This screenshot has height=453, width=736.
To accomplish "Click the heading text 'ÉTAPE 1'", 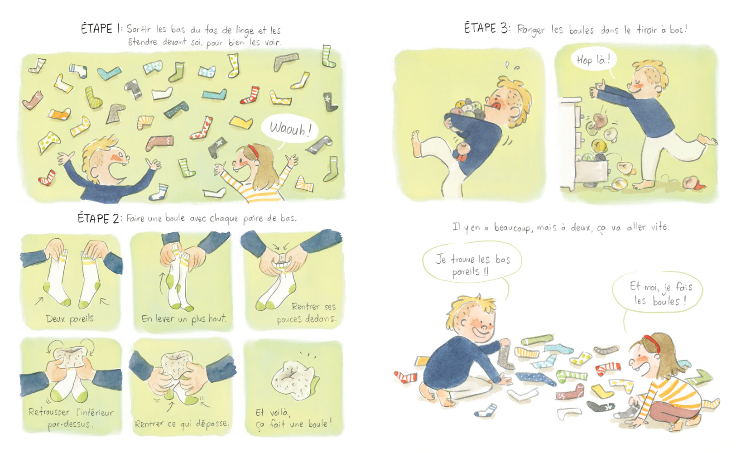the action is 101,29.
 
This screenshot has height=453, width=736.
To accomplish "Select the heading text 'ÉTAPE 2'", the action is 99,218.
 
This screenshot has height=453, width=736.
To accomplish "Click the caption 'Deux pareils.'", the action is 71,318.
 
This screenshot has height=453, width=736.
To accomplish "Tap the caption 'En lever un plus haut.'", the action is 184,318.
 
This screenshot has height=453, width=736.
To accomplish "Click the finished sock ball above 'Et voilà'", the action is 294,379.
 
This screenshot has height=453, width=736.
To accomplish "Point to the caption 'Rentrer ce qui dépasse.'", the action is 182,424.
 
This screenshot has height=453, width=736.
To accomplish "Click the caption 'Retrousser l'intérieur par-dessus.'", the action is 71,418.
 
